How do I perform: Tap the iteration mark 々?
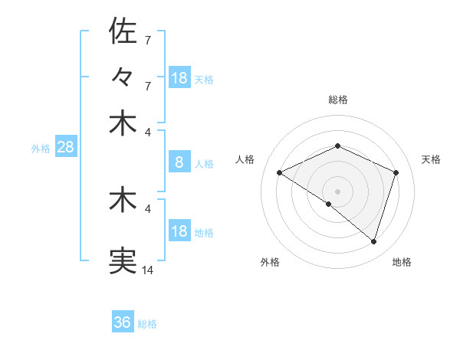[123, 77]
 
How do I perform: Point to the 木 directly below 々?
[123, 123]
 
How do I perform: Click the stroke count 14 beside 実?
[148, 270]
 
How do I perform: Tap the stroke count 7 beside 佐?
[147, 39]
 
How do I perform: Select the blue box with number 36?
[123, 322]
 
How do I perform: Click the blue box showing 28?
[65, 147]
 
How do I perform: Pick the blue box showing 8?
[179, 162]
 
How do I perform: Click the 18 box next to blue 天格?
[179, 78]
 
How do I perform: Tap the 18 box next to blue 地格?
[179, 231]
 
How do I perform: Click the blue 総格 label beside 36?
[148, 324]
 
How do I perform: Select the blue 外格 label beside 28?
[41, 149]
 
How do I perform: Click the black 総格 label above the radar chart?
[337, 100]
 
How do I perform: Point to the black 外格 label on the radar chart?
[270, 263]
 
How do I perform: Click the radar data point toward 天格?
[396, 173]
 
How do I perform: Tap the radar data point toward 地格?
[374, 242]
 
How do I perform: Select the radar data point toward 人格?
[279, 173]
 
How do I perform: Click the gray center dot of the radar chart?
[337, 191]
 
